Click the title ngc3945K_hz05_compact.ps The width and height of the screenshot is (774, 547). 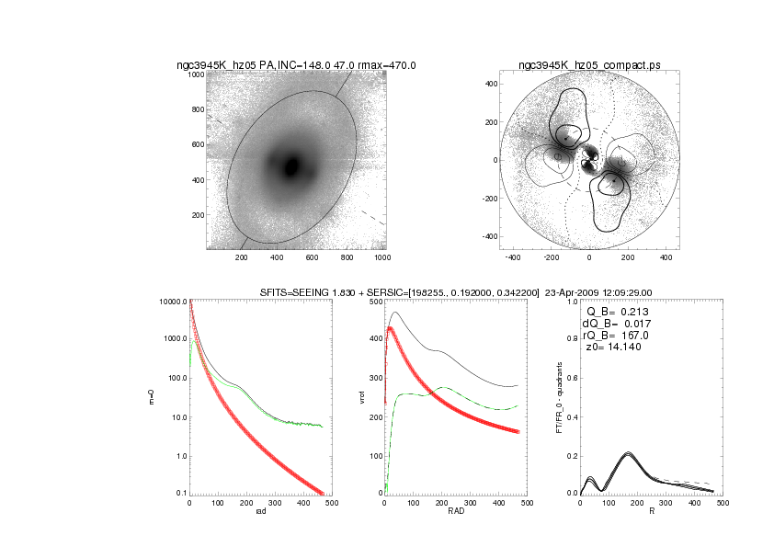click(x=588, y=65)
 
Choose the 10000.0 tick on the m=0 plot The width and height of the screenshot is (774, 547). click(x=172, y=302)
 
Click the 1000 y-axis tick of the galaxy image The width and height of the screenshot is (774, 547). click(x=195, y=74)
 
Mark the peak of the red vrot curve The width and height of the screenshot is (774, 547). click(x=390, y=327)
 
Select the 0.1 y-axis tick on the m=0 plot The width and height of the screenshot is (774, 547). click(x=177, y=494)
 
